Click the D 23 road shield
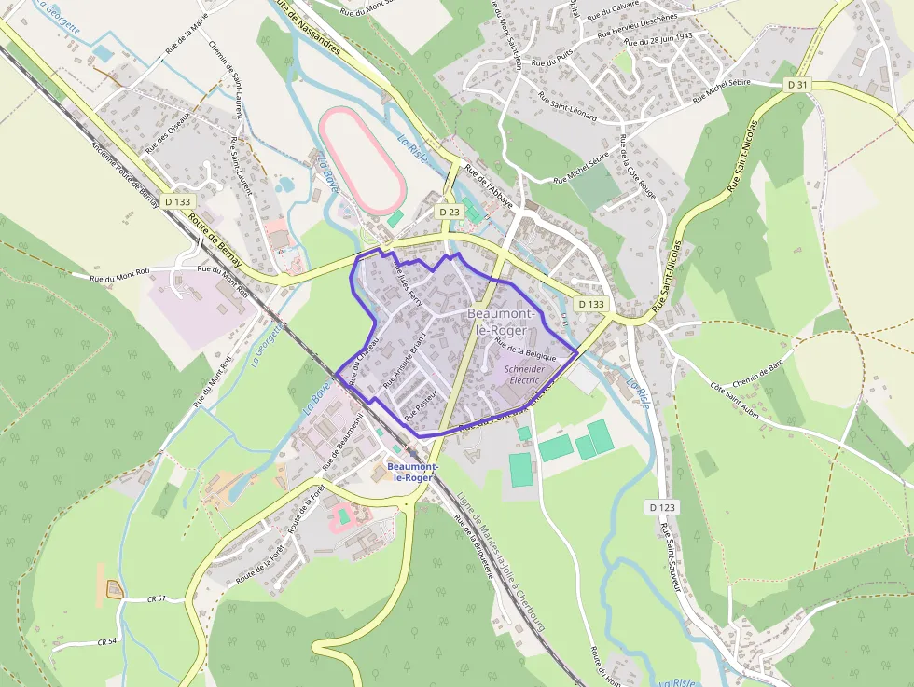450,213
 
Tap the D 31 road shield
796,85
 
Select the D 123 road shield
660,506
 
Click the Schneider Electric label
522,375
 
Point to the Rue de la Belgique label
525,350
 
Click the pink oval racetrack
360,158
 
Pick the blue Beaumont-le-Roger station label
409,471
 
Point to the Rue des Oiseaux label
167,131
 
